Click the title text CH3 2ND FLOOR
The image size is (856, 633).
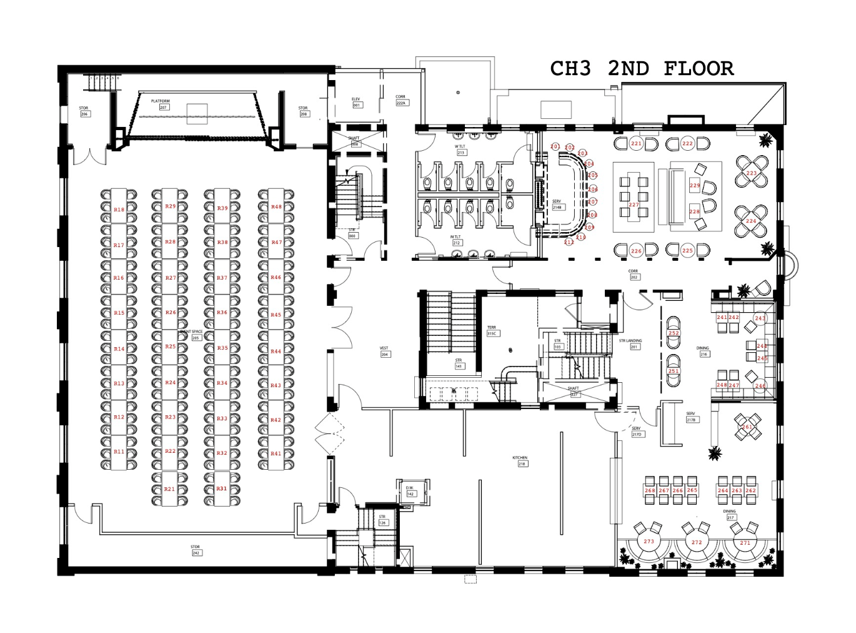coord(642,68)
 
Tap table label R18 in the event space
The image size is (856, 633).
coord(119,210)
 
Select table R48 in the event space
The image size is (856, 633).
coord(276,207)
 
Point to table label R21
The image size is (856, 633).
coord(169,489)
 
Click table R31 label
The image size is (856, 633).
coord(222,489)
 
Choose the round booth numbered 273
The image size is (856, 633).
coord(649,542)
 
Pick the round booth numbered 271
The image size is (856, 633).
coord(745,543)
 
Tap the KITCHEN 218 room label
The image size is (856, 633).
coord(520,461)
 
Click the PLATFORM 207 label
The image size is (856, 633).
coord(161,104)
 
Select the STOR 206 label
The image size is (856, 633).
coord(84,111)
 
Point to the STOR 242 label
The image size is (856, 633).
coord(196,550)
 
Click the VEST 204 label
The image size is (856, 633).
coord(384,351)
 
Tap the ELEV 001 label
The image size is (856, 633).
coord(356,102)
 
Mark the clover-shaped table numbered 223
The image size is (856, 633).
coord(752,173)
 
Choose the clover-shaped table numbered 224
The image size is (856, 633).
coord(751,221)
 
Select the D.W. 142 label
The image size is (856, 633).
coord(410,491)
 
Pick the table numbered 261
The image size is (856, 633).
coord(747,427)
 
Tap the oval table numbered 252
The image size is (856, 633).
coord(674,333)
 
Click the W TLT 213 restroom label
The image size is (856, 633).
coord(460,149)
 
